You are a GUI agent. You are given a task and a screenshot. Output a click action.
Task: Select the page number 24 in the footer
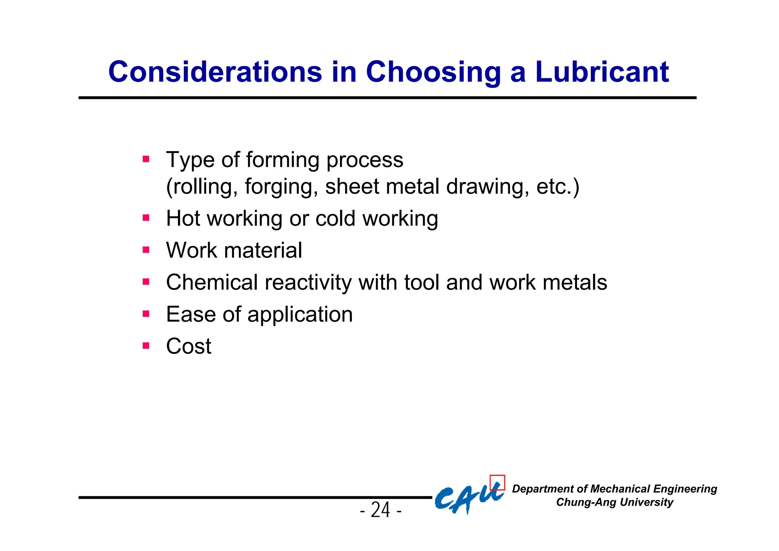(x=380, y=510)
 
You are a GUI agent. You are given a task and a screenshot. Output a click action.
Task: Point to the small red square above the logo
(x=497, y=483)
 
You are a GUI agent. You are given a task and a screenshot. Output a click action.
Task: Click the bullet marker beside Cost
(x=146, y=346)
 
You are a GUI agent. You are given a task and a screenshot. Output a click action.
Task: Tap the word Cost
(x=189, y=346)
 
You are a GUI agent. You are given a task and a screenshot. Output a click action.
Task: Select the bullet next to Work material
(x=146, y=250)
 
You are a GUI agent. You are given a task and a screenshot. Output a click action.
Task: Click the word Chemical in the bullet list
(x=212, y=282)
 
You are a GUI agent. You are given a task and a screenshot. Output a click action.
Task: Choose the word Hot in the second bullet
(x=183, y=218)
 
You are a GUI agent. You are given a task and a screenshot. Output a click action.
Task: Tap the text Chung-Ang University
(x=614, y=502)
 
